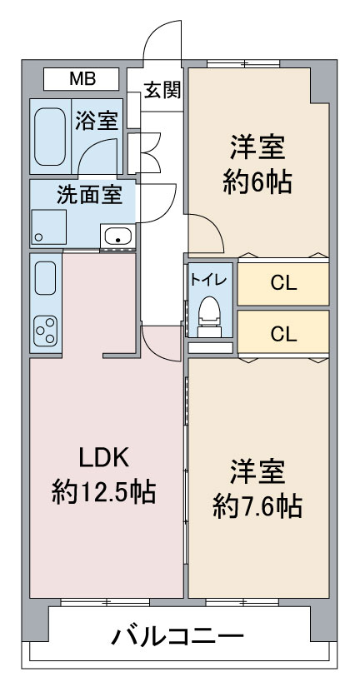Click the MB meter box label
click(x=82, y=79)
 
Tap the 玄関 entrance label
click(x=162, y=91)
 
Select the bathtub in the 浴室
click(x=50, y=137)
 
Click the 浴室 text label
click(x=97, y=121)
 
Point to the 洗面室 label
click(x=89, y=195)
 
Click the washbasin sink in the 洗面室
click(x=117, y=236)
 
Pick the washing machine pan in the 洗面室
click(x=48, y=227)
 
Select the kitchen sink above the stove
click(x=45, y=278)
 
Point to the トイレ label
click(x=208, y=279)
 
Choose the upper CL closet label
click(x=283, y=284)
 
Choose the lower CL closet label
click(x=283, y=334)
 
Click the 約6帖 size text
click(x=257, y=181)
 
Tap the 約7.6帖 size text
click(x=257, y=506)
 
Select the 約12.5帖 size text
click(x=104, y=492)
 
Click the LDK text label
click(x=104, y=459)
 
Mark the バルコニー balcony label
click(x=177, y=636)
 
